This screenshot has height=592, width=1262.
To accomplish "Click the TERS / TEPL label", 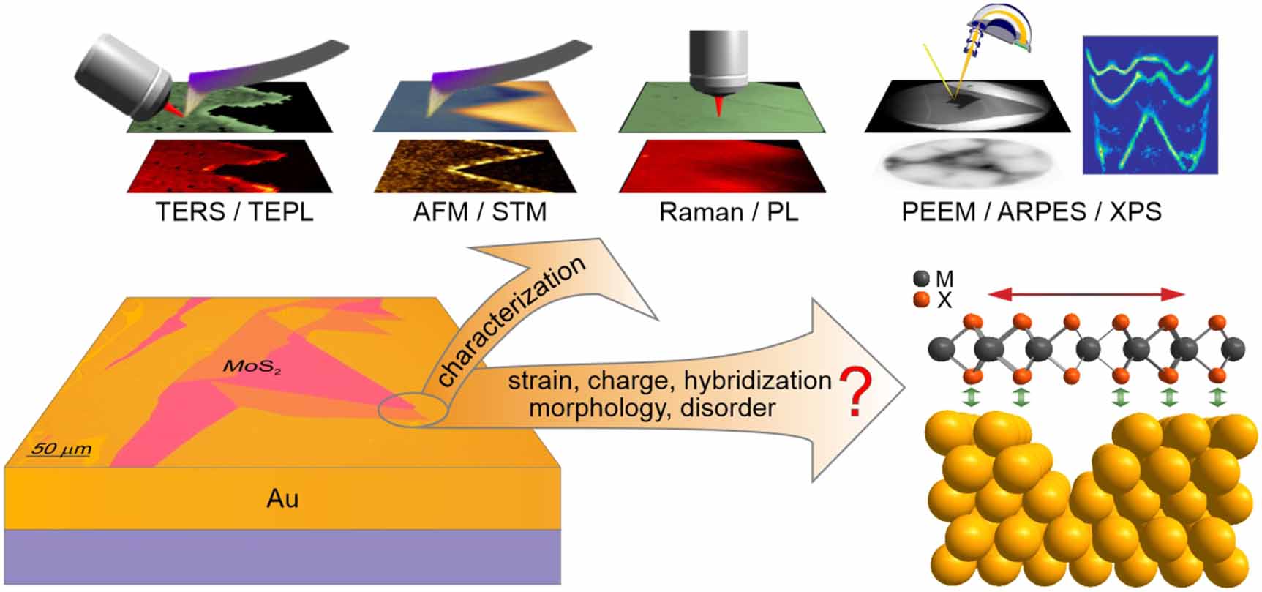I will click(234, 212).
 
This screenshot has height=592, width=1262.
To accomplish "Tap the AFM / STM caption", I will click(480, 212).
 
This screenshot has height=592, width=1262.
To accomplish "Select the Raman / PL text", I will click(728, 212).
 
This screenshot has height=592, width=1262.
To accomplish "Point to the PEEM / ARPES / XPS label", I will click(1031, 212).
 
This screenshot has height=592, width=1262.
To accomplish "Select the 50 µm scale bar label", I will click(60, 448).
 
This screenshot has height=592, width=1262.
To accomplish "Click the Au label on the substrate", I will click(282, 499).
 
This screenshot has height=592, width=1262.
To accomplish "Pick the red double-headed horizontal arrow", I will click(1086, 294).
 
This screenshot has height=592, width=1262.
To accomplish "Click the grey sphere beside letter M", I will click(922, 278).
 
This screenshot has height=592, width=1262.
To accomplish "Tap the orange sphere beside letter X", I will click(922, 299).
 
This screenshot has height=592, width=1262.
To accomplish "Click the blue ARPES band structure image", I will click(1150, 105).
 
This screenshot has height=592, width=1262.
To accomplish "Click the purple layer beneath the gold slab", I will click(282, 556).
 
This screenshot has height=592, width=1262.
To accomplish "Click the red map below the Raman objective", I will click(723, 166).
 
